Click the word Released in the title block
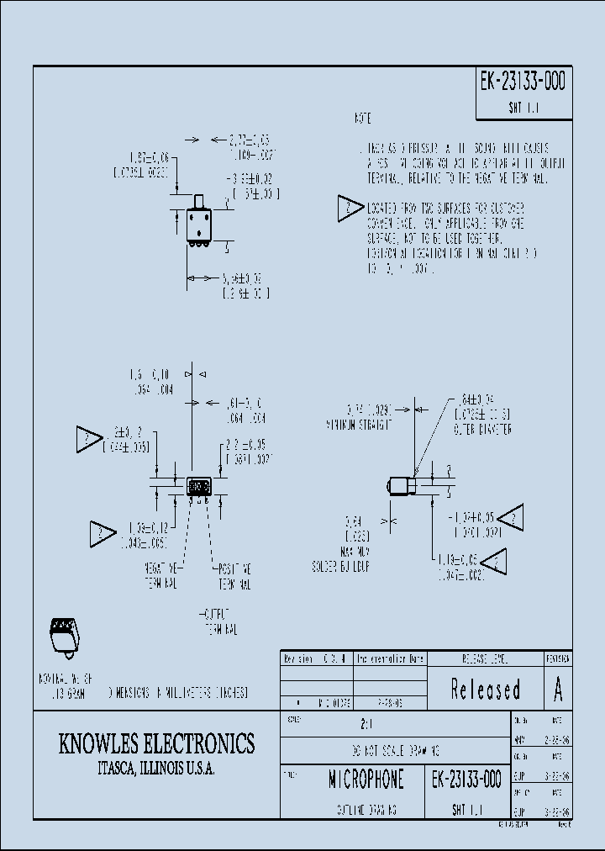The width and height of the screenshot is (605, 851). (486, 690)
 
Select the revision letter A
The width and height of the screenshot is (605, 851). (557, 690)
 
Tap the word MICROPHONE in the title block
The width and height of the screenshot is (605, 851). (366, 780)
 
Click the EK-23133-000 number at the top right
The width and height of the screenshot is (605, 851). (522, 82)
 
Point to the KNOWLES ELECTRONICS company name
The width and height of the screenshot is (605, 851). (156, 743)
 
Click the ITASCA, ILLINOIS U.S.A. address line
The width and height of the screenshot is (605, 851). (156, 769)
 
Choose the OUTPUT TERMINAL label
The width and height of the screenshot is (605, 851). (221, 621)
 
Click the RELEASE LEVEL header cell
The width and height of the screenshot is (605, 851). (486, 658)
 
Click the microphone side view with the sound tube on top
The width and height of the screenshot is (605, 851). (199, 221)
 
